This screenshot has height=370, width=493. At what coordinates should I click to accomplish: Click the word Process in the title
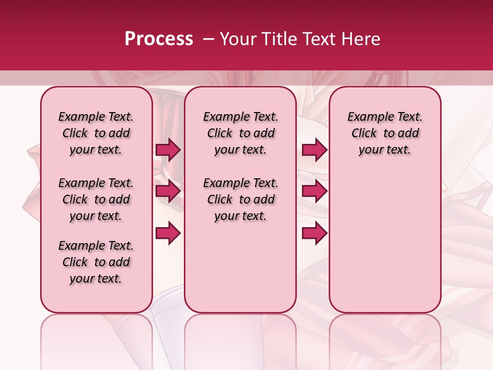coord(159,39)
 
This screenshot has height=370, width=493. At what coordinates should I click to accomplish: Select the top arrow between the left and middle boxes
coord(168,150)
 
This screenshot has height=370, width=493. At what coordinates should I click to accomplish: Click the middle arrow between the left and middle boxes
coord(168,191)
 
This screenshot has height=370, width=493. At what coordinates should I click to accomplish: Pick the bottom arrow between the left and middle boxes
coord(168,233)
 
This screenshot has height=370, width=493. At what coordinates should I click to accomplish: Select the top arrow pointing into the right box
coord(314,150)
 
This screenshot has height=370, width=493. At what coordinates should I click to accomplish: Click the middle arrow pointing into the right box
coord(314,191)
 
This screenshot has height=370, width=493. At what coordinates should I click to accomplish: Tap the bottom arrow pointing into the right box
coord(314,233)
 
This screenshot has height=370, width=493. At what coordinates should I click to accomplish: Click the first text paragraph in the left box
coord(96,133)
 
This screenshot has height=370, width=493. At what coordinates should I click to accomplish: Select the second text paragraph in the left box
coord(96,199)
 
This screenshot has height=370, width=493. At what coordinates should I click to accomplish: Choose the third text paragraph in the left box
coord(96,262)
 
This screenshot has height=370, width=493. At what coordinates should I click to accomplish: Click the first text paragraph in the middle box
coord(241,133)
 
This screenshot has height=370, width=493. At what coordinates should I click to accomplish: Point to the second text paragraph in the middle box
coord(241,199)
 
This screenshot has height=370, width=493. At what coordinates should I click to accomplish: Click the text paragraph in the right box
coord(385,133)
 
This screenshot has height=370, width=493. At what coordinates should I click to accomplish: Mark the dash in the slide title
coord(208,39)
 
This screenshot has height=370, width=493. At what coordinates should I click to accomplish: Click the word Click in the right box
coord(364,134)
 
